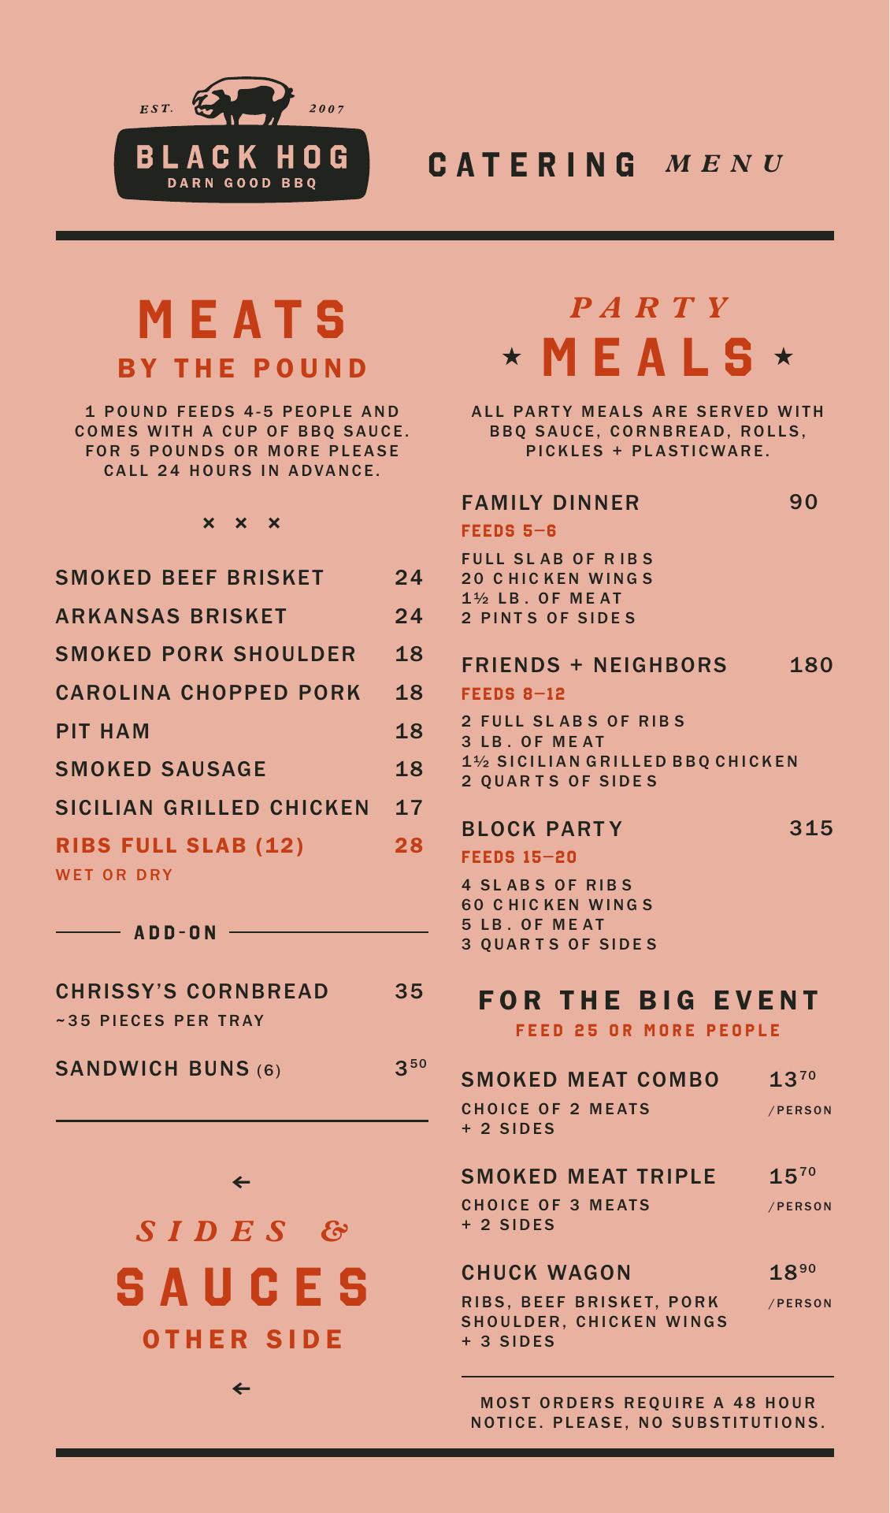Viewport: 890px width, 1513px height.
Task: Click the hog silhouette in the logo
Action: coord(243,101)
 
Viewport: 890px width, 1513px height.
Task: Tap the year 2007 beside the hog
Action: coord(327,109)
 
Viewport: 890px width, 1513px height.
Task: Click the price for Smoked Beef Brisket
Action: coord(409,578)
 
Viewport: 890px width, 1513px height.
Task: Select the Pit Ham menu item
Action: coord(102,731)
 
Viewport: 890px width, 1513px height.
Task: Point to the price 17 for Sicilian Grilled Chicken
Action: coord(409,808)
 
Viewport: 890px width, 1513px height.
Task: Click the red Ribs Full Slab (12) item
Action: coord(180,846)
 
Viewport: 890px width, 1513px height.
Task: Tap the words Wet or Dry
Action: coord(114,875)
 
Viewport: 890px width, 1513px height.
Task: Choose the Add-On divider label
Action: coord(176,933)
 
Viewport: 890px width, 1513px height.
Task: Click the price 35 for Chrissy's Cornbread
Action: coord(409,991)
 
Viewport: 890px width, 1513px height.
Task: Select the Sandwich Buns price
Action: coord(410,1068)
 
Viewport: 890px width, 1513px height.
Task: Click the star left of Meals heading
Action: coord(512,357)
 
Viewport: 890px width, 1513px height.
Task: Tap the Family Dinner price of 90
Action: coord(803,502)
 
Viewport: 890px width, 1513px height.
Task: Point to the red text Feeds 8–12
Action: coord(514,694)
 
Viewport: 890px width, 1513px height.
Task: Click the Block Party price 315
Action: coord(811,828)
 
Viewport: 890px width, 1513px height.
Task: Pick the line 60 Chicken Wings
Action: coord(558,905)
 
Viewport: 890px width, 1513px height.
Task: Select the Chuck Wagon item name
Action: coord(547,1273)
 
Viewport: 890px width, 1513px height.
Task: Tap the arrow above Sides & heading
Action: coord(242,1182)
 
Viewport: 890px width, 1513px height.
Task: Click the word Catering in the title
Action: coord(532,165)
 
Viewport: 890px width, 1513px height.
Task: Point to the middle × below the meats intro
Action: coord(241,523)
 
